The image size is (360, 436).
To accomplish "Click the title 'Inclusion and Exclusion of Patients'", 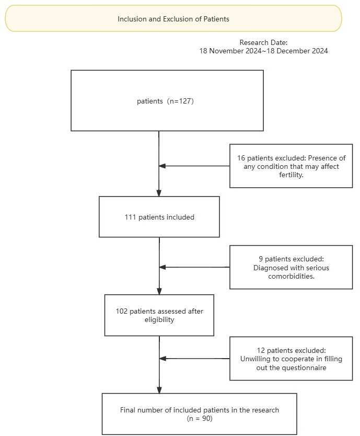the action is point(173,19).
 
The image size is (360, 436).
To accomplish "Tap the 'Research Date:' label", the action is point(263,42).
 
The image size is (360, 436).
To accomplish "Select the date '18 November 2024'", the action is point(230,51).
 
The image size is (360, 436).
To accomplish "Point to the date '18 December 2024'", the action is point(297,51).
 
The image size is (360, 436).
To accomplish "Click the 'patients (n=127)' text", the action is point(165,101).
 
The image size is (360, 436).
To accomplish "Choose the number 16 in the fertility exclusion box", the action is point(241,158).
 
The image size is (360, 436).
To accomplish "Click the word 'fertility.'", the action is point(291,175).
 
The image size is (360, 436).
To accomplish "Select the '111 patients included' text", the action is point(159,217).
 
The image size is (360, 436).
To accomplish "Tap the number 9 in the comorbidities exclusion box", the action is point(261,259).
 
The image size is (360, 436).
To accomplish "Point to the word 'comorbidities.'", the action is point(292,276).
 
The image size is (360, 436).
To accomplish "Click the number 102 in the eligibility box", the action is point(122,311).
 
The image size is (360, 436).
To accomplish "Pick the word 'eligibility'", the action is point(159,320).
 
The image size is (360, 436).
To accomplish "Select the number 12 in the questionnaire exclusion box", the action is point(261,350).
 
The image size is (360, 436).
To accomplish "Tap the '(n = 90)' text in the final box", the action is point(200,418).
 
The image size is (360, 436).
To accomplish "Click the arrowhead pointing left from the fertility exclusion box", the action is point(162,166).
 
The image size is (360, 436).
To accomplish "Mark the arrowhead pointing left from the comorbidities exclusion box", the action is point(162,267).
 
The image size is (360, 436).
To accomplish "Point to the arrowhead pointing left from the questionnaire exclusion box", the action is point(162,359).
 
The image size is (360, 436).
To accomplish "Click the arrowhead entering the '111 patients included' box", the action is point(159,193).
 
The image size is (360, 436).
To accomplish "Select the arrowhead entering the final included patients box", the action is point(159,390).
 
